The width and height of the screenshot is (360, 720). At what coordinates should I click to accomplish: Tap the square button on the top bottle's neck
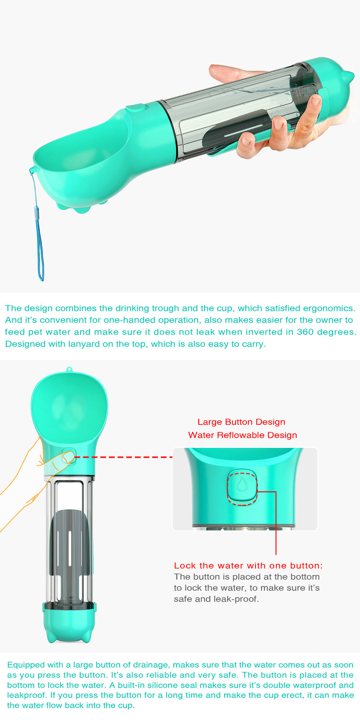(136, 108)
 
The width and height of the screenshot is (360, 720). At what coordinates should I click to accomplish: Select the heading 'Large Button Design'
(241, 422)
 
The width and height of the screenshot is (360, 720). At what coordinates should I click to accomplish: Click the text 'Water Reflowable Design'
(243, 435)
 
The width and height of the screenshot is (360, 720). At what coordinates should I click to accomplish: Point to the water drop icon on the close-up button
(242, 484)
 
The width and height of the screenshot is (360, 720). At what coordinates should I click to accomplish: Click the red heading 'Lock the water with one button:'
(248, 566)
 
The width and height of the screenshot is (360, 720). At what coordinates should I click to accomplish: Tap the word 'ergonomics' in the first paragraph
(329, 308)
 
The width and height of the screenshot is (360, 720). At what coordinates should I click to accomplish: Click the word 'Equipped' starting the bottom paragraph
(26, 665)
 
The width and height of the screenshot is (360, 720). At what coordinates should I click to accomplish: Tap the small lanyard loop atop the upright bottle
(69, 369)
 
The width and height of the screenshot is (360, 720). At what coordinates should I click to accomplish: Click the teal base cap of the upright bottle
(69, 623)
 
